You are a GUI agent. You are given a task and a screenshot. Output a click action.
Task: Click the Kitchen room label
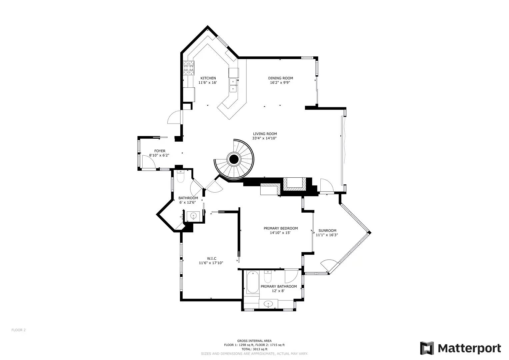208,78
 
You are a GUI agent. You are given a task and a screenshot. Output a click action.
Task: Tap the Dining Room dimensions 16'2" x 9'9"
280,82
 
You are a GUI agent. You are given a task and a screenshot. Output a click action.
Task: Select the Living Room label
265,134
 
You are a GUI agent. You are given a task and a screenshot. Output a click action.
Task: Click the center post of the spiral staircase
234,159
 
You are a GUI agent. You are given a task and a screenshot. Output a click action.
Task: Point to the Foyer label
160,151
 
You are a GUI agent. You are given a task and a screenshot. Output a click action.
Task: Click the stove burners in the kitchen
188,68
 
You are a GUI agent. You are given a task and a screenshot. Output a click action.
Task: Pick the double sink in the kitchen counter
233,85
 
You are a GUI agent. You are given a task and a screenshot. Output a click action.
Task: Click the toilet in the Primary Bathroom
268,276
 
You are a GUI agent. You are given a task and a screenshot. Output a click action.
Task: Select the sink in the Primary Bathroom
268,304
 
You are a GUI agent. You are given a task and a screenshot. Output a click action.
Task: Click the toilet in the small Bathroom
180,177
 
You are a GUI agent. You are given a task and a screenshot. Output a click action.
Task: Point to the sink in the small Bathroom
193,216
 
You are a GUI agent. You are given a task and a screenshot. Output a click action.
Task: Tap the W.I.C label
211,258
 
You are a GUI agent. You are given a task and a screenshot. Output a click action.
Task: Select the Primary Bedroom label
280,228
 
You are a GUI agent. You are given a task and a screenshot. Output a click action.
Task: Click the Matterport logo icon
427,348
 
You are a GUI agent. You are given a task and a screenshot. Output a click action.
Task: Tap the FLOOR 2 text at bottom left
19,330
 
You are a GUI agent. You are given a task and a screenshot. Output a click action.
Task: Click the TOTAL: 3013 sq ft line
254,349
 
